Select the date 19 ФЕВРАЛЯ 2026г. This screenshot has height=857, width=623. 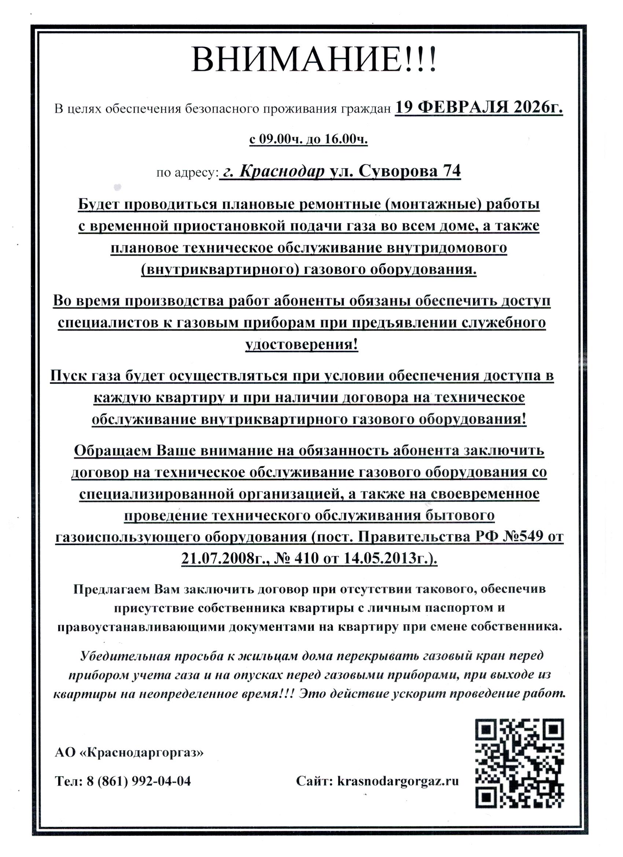click(479, 108)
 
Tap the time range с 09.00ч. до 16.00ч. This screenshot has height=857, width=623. click(308, 139)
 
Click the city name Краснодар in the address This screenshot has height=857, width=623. click(282, 172)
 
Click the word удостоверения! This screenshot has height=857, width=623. click(302, 345)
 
